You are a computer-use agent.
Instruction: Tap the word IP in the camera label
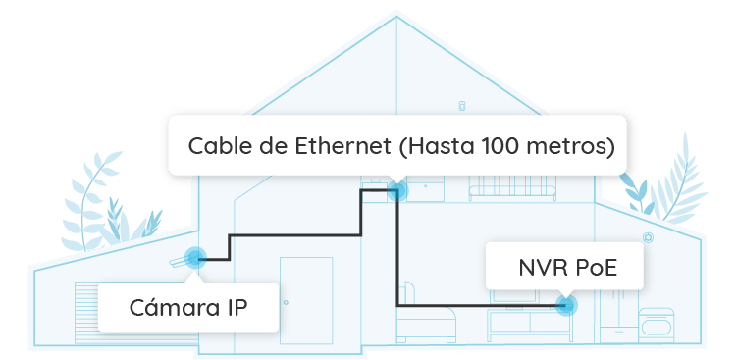(234, 308)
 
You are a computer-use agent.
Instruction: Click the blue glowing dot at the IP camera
(193, 259)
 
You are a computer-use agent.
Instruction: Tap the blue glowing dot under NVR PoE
(566, 305)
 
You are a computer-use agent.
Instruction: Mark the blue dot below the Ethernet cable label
(396, 190)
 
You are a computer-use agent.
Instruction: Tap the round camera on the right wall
(648, 237)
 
